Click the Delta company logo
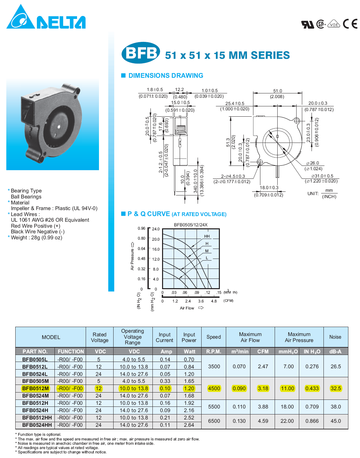[x=46, y=17]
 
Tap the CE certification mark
[x=350, y=24]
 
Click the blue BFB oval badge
[x=141, y=53]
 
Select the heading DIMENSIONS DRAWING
[x=166, y=76]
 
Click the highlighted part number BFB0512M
[x=35, y=389]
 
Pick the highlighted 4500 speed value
[x=214, y=389]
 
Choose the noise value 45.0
[x=335, y=421]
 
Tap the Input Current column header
[x=164, y=337]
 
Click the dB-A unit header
[x=335, y=352]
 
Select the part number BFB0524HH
[x=37, y=425]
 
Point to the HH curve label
[x=207, y=236]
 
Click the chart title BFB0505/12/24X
[x=191, y=225]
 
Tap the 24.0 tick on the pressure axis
[x=156, y=229]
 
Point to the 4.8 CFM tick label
[x=214, y=301]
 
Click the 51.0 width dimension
[x=278, y=91]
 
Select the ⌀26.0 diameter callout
[x=313, y=163]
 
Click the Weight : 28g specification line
[x=37, y=238]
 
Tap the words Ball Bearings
[x=26, y=197]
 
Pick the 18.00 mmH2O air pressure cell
[x=287, y=407]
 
